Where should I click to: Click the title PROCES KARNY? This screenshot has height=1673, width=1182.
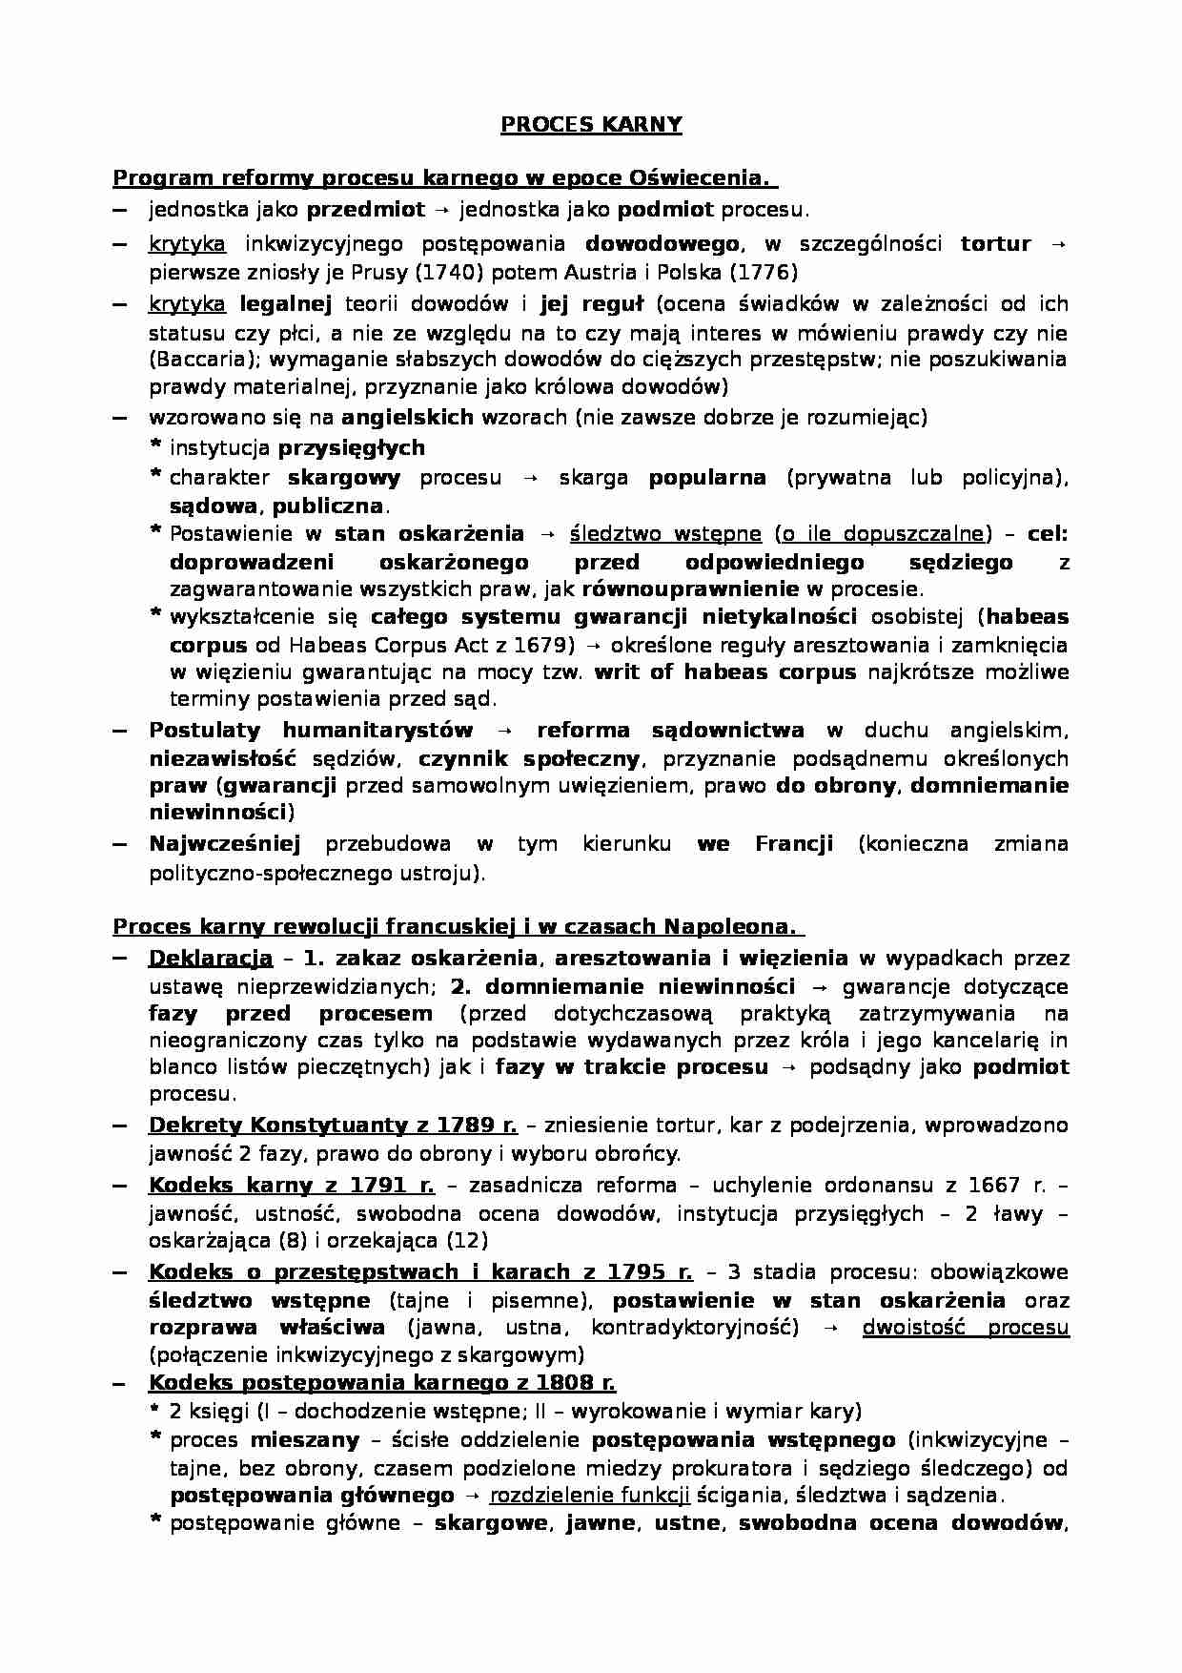click(x=591, y=124)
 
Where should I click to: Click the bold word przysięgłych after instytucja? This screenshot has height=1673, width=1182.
click(x=351, y=447)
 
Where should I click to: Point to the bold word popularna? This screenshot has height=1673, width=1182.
click(x=706, y=478)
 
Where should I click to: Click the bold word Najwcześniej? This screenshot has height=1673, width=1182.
click(x=225, y=843)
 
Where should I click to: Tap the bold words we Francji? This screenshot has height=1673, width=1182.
click(x=764, y=843)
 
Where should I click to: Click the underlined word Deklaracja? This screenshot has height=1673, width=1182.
click(x=211, y=958)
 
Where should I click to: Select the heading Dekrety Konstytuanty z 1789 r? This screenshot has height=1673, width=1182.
click(x=333, y=1126)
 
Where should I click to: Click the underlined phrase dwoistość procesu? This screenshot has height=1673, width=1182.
click(x=965, y=1327)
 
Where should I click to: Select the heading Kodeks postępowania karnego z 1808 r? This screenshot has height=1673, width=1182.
click(x=382, y=1383)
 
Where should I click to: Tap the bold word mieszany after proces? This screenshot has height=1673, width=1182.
click(x=305, y=1439)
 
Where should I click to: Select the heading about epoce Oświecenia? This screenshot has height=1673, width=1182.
click(x=445, y=178)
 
